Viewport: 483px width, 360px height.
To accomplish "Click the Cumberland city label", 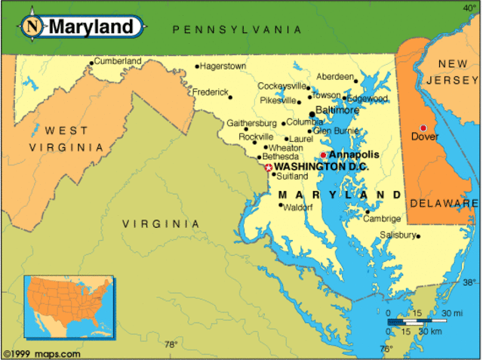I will click(118, 61).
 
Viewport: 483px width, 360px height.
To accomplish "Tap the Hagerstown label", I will click(223, 66).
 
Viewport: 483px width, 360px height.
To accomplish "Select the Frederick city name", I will click(210, 92).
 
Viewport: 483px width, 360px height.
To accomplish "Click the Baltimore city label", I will click(337, 110).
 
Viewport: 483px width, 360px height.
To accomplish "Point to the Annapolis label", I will click(354, 154).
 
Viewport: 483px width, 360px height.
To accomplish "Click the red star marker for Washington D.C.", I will click(268, 167).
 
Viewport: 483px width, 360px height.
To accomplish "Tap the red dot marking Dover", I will click(423, 128).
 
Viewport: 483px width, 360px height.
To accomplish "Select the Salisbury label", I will click(398, 235).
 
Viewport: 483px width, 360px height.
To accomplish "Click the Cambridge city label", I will click(381, 219).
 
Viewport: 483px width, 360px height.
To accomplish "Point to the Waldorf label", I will click(297, 207).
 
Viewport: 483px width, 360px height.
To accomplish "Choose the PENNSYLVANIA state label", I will click(237, 29).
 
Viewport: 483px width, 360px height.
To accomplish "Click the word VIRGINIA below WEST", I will click(66, 147).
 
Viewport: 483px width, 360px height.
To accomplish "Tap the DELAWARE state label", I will click(445, 204).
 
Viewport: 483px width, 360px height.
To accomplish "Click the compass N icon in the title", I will click(32, 26).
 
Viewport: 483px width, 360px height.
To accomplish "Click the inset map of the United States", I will click(69, 306).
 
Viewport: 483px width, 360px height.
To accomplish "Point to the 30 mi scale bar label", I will click(452, 313).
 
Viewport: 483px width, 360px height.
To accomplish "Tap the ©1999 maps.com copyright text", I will click(42, 353).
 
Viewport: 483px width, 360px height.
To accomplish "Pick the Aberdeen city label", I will click(335, 77).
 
